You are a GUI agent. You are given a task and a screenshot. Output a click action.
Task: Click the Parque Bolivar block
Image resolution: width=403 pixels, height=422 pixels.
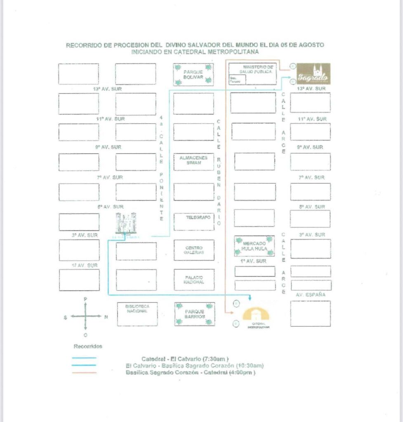(193, 74)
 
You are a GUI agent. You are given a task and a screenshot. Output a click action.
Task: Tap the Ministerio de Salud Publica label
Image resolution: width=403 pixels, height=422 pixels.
(258, 69)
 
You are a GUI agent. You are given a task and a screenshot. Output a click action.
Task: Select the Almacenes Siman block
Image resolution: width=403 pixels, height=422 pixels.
(193, 160)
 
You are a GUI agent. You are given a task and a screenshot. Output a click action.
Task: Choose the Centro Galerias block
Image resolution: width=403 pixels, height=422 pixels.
(194, 250)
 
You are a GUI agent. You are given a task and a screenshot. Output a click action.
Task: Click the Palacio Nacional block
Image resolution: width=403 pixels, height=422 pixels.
(194, 280)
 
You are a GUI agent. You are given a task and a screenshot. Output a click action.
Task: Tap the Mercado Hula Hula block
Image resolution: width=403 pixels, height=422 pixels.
(255, 246)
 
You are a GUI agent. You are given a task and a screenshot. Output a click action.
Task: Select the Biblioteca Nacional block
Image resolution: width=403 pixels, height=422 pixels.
(137, 314)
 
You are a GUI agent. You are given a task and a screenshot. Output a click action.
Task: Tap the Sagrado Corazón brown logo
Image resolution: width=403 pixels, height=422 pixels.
(314, 74)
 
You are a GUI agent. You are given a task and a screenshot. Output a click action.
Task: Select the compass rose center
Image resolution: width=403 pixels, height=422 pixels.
(85, 316)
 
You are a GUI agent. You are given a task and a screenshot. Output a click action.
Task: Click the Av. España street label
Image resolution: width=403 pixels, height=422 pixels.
(311, 295)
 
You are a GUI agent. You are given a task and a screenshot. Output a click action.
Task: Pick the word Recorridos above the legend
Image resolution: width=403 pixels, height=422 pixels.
(88, 346)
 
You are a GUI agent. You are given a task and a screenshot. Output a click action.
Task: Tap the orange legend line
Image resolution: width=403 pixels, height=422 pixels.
(84, 373)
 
